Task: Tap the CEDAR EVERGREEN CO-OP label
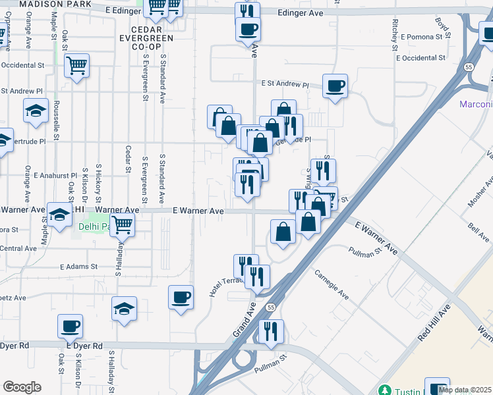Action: (152, 39)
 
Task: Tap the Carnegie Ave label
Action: (331, 284)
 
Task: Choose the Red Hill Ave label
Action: (433, 323)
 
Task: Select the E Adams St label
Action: (78, 267)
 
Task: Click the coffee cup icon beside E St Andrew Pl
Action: (335, 86)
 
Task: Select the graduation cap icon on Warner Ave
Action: (59, 215)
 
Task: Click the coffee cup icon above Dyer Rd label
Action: (70, 326)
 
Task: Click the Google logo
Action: (22, 387)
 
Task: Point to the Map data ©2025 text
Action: (465, 390)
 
